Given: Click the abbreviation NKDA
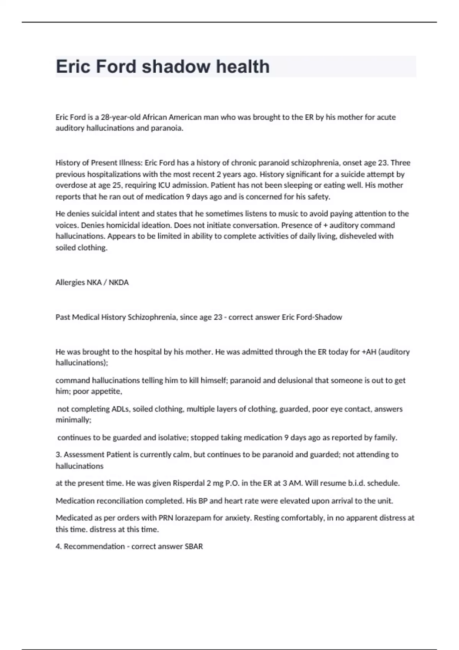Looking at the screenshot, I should tap(119, 283).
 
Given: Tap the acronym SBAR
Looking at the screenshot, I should tap(194, 547).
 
